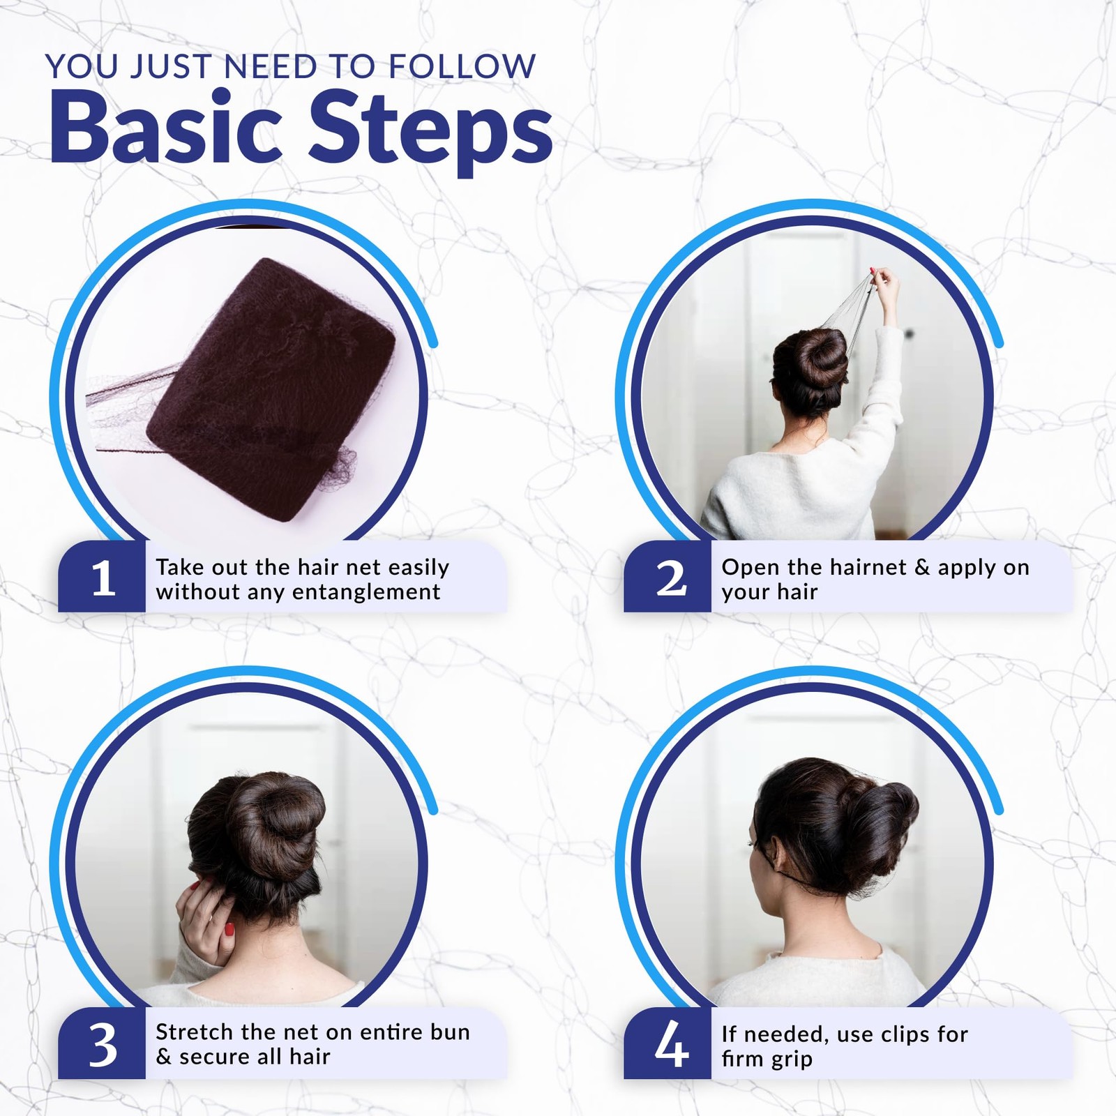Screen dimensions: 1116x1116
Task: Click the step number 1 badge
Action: pos(102,577)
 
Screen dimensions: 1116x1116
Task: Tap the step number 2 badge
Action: pos(668,577)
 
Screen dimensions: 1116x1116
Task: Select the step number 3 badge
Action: pos(102,1043)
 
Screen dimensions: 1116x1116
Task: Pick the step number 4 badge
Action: pos(668,1043)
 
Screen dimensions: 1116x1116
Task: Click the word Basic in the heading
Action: pos(166,130)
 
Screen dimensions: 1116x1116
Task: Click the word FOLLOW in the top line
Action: pos(462,67)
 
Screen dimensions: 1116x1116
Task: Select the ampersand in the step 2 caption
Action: pos(922,567)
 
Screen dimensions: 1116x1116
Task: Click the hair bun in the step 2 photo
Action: pos(813,359)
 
